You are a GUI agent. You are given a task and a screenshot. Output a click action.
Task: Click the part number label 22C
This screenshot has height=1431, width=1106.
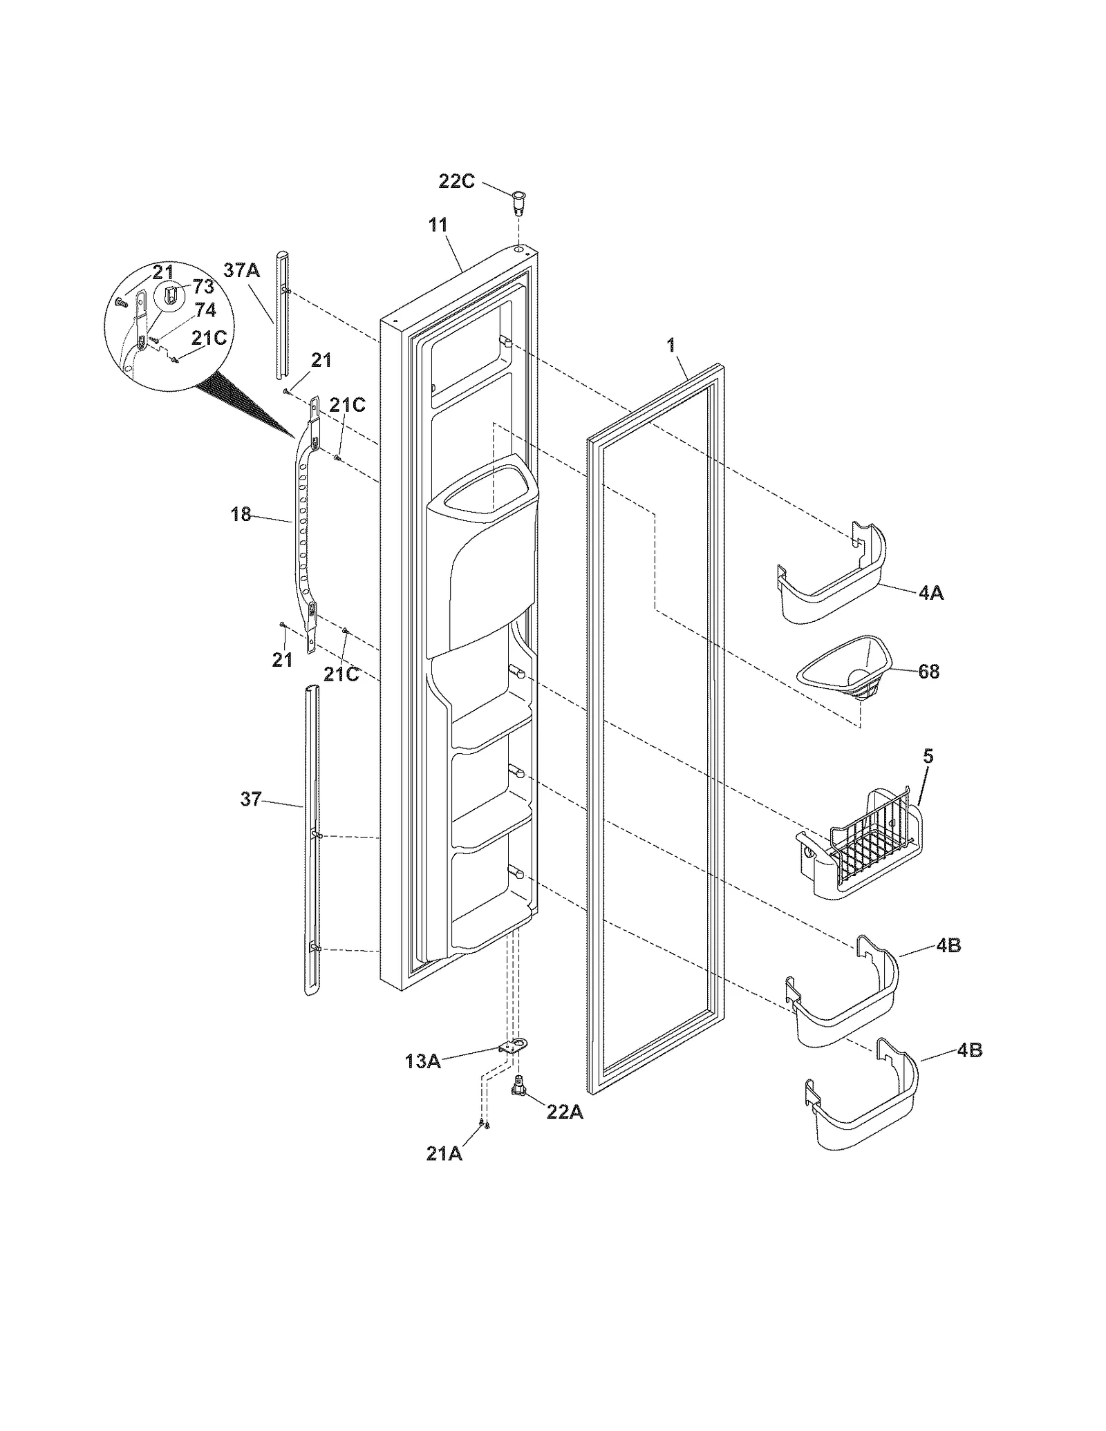click(457, 182)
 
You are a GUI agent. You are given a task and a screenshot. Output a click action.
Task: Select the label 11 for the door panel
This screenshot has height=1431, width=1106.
click(438, 225)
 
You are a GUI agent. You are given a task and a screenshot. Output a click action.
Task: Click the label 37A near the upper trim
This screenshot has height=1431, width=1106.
click(241, 270)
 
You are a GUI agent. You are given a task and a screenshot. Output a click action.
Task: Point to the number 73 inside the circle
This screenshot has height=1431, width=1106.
click(203, 287)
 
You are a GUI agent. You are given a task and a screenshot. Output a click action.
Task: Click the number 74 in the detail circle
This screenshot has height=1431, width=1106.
click(205, 310)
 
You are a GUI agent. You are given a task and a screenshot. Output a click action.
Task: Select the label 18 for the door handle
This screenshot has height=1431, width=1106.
click(241, 514)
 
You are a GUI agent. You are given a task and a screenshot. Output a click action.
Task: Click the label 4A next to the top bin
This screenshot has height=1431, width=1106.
click(931, 592)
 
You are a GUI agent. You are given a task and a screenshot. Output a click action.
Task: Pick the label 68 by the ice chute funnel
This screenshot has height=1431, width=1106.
click(928, 671)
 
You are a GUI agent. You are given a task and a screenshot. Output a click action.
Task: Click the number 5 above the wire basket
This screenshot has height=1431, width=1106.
click(928, 756)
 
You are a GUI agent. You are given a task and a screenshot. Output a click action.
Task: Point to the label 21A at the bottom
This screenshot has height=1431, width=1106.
click(444, 1153)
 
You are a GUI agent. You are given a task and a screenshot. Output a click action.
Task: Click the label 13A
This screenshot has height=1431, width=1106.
click(422, 1061)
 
